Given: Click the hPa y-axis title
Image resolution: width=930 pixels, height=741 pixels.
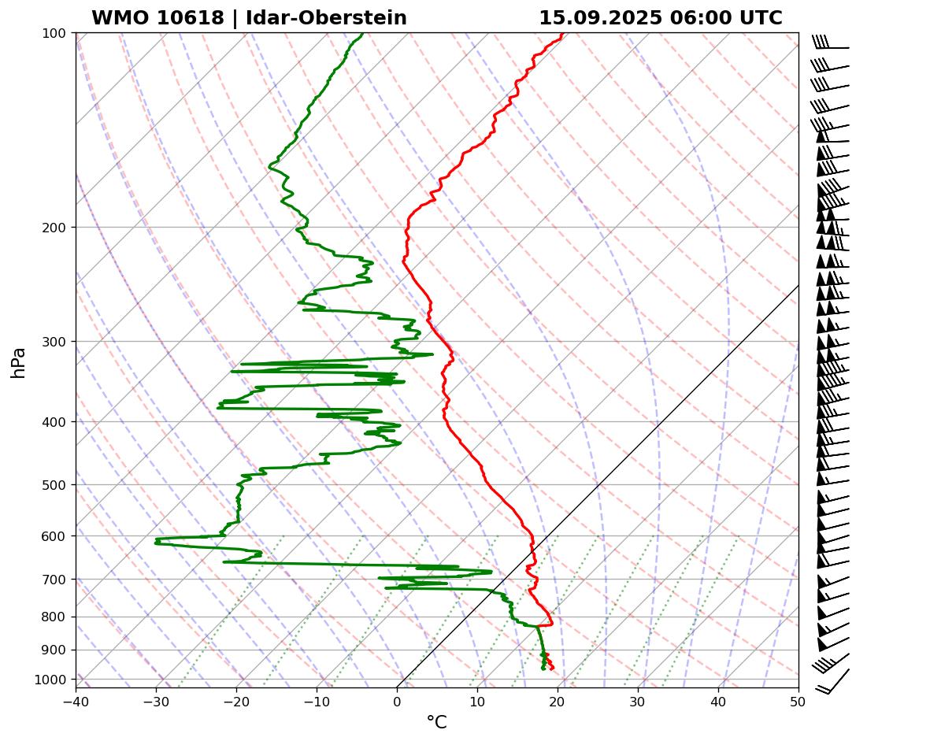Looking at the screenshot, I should pos(19,362).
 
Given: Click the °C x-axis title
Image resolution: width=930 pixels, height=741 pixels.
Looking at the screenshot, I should pos(436,722).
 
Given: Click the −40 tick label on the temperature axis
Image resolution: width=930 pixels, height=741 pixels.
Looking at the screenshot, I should pos(76,700).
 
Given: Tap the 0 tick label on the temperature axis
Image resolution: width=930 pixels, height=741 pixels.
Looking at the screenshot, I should pos(397,700).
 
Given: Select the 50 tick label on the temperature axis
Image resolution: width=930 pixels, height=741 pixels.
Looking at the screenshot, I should pos(798,700).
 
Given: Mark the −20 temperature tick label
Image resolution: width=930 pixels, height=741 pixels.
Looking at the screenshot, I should pos(236,700).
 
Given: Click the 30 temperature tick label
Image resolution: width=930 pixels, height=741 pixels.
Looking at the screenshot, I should pos(638,700).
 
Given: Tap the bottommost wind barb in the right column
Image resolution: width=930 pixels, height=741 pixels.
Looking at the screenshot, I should pos(833,682).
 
